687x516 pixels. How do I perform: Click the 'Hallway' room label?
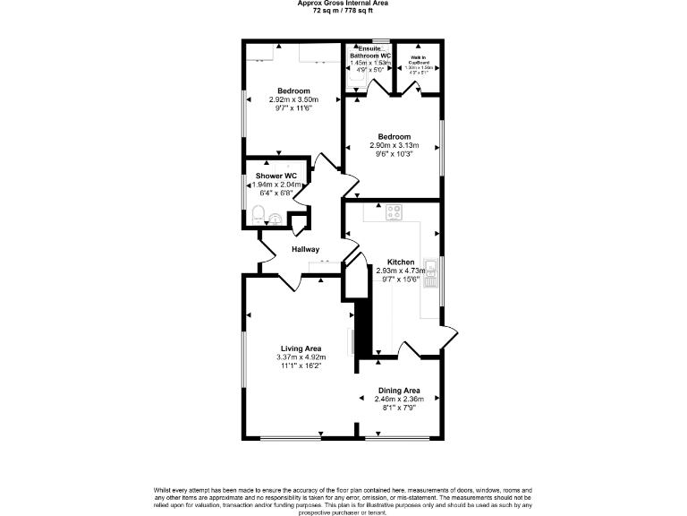point(305,249)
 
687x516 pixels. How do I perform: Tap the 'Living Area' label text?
point(301,348)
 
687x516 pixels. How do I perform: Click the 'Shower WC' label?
point(276,176)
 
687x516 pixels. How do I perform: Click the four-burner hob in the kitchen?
point(394,212)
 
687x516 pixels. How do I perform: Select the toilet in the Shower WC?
point(258,215)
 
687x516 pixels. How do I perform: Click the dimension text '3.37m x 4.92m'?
point(301,358)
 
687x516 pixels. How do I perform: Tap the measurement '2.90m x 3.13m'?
point(394,145)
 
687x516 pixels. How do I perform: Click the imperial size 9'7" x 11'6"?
point(293,107)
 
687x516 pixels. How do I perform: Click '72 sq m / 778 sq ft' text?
point(343,10)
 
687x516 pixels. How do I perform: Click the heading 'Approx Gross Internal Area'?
point(343,3)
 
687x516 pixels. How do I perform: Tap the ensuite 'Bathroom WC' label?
point(370,56)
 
